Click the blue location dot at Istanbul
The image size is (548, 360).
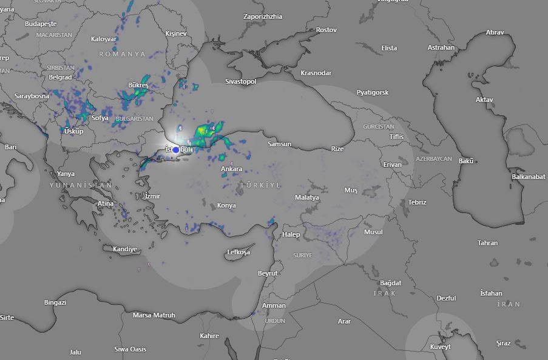click(x=176, y=149)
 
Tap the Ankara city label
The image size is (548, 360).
click(x=231, y=169)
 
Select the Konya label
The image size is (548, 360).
click(x=226, y=205)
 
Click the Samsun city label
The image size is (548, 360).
click(x=280, y=144)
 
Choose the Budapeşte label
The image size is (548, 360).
click(x=41, y=24)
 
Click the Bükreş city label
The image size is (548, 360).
click(x=138, y=86)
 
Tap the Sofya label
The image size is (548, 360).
click(x=100, y=118)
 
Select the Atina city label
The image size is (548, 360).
click(x=105, y=203)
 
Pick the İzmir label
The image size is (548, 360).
click(x=152, y=195)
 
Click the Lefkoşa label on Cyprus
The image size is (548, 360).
click(x=238, y=252)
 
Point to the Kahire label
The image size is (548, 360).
click(x=209, y=336)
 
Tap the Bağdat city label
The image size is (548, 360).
click(x=390, y=283)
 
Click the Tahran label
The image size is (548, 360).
click(x=487, y=243)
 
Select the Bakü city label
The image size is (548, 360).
click(x=466, y=161)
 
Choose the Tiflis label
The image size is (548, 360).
click(x=396, y=137)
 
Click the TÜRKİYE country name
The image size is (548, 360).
click(x=260, y=185)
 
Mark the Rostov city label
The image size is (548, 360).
click(x=326, y=30)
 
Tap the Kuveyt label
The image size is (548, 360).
click(x=441, y=347)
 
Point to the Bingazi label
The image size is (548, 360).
click(x=55, y=302)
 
